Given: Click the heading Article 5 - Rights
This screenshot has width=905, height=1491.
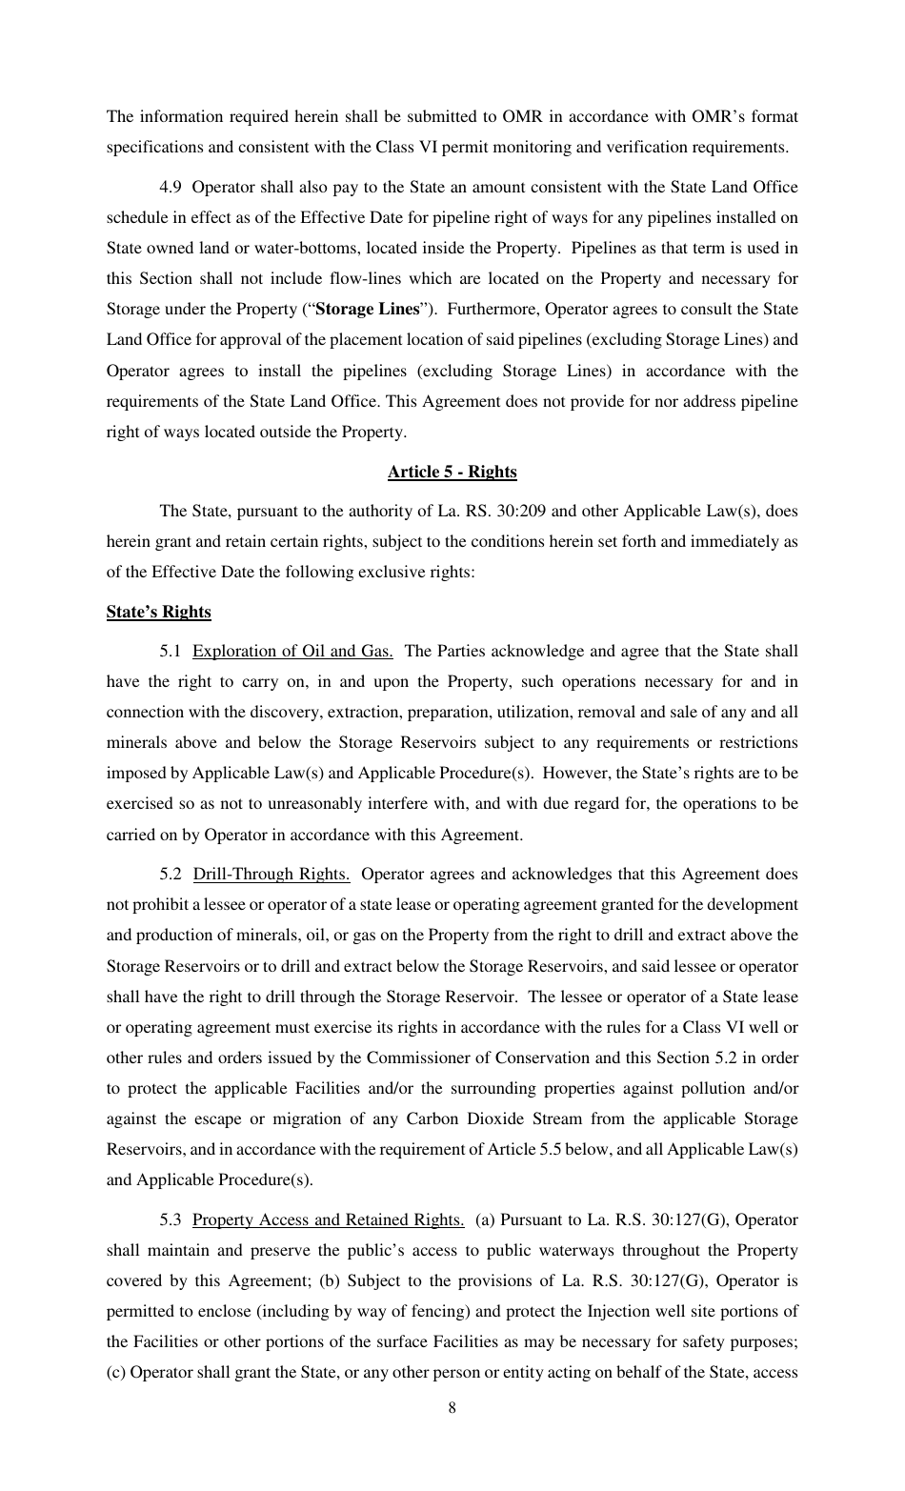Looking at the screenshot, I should (452, 472).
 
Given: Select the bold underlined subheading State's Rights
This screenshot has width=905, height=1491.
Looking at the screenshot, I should (158, 612).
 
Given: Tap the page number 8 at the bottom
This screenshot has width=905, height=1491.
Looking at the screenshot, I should (452, 1408).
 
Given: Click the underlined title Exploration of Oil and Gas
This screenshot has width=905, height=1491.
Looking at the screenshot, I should (292, 652).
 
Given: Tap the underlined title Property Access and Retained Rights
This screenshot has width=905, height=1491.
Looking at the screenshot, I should (328, 1219).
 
